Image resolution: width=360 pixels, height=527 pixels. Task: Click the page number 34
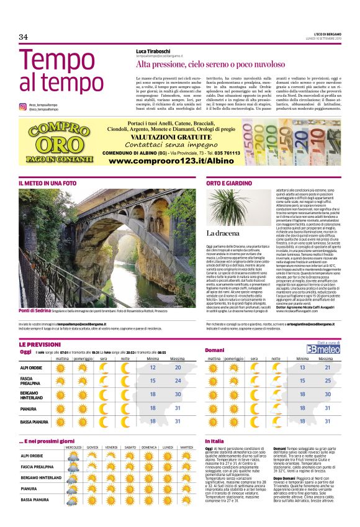[24, 37]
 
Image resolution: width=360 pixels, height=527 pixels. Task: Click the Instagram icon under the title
[22, 107]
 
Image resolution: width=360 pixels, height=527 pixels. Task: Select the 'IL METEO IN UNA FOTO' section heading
[48, 184]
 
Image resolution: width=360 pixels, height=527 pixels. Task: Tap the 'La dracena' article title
[222, 233]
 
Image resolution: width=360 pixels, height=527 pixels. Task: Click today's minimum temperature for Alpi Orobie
[153, 367]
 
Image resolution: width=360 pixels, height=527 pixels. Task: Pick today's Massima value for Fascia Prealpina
[178, 380]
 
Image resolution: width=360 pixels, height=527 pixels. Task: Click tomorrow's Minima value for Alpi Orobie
[302, 367]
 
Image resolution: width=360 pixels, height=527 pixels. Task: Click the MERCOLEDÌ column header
[74, 448]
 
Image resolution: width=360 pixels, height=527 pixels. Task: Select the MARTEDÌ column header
[187, 448]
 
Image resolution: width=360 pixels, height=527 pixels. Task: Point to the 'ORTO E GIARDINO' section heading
[229, 184]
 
